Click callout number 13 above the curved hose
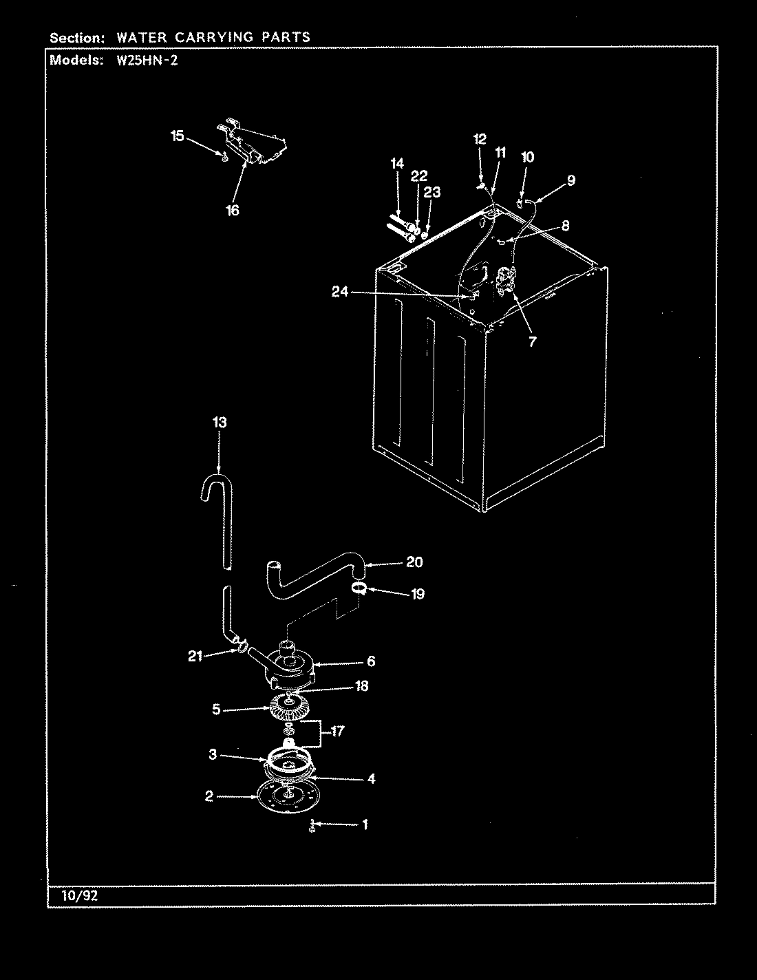pyautogui.click(x=219, y=422)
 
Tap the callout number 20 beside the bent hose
pyautogui.click(x=414, y=562)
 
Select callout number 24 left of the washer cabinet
pyautogui.click(x=340, y=292)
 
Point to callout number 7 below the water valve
pyautogui.click(x=532, y=341)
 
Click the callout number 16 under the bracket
pyautogui.click(x=233, y=211)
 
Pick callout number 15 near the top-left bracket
pyautogui.click(x=178, y=136)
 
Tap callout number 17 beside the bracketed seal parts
pyautogui.click(x=337, y=732)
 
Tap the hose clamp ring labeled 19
pyautogui.click(x=358, y=587)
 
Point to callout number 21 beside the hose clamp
pyautogui.click(x=195, y=656)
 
